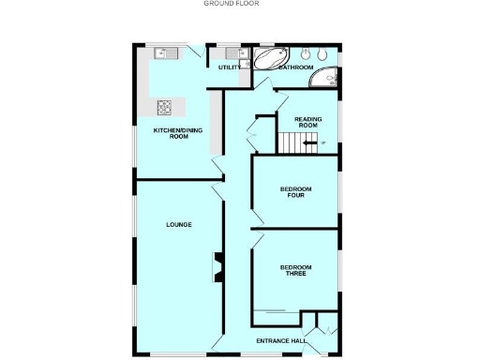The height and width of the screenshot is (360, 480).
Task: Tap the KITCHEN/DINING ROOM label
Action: click(x=172, y=133)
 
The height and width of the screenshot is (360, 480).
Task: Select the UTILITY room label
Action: click(x=229, y=67)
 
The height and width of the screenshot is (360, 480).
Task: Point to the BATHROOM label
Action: click(x=297, y=67)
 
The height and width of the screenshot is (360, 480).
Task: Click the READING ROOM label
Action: click(x=308, y=122)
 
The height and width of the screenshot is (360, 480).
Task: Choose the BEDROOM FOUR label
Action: click(x=296, y=192)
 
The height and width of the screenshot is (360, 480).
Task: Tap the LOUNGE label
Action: click(x=179, y=224)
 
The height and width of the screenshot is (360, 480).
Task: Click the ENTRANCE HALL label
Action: click(x=281, y=341)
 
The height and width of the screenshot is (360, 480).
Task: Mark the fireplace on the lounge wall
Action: click(x=217, y=266)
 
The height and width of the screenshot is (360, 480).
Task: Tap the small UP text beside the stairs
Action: click(x=322, y=142)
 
